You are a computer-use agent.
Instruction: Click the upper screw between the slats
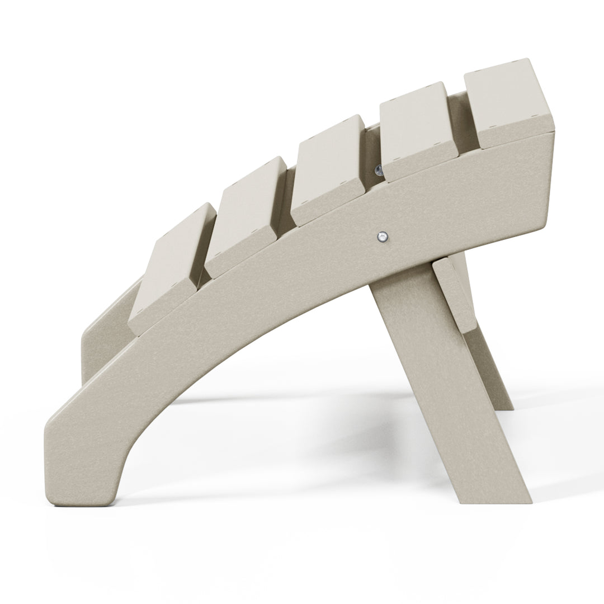379,170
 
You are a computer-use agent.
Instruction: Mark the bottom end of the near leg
503,492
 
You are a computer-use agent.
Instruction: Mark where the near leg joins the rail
391,280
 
